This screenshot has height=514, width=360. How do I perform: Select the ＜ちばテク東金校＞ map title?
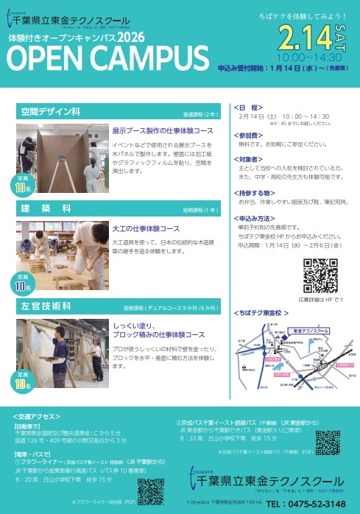coord(260,312)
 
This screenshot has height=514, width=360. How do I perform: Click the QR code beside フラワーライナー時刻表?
coord(150,490)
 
